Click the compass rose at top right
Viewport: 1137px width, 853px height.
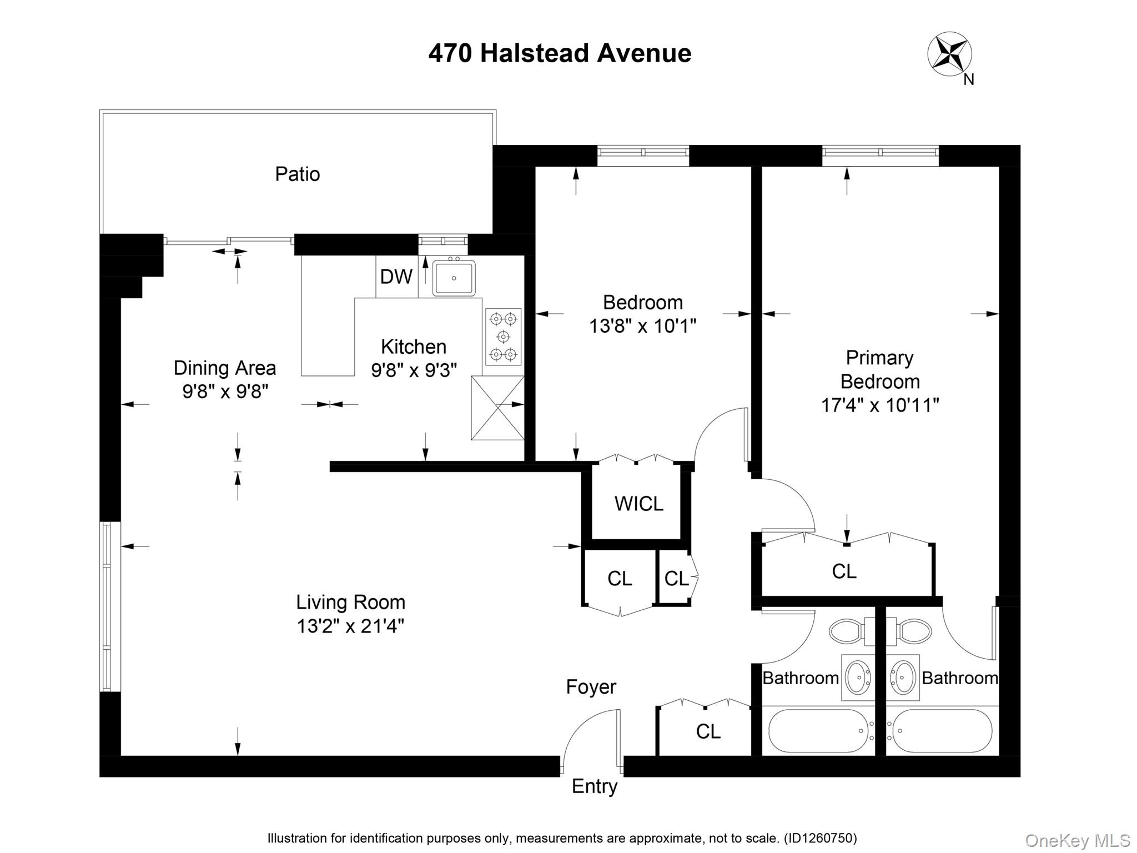click(950, 54)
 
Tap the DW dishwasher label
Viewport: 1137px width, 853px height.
click(396, 277)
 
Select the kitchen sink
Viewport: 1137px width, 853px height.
click(454, 278)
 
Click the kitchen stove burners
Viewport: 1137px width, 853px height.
click(504, 337)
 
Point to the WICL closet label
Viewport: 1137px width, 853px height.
click(638, 504)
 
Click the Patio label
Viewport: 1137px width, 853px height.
click(298, 174)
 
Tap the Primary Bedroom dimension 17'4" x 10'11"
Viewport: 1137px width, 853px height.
click(880, 405)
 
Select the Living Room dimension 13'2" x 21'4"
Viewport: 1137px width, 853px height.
click(350, 626)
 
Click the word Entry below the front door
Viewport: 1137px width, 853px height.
click(595, 786)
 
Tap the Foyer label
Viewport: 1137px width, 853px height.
click(591, 687)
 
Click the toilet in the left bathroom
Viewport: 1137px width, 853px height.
click(847, 631)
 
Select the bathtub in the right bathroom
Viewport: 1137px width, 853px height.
click(942, 731)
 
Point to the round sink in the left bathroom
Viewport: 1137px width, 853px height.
click(858, 678)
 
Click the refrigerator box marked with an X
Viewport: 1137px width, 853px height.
click(497, 408)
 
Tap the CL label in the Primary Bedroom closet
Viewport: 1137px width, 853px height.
click(844, 571)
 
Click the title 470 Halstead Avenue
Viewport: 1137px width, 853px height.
click(560, 53)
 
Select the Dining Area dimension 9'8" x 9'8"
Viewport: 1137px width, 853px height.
click(225, 392)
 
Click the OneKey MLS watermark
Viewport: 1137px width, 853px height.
click(1077, 841)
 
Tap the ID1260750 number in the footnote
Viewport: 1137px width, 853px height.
click(819, 838)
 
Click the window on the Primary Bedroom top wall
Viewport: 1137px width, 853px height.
click(880, 152)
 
